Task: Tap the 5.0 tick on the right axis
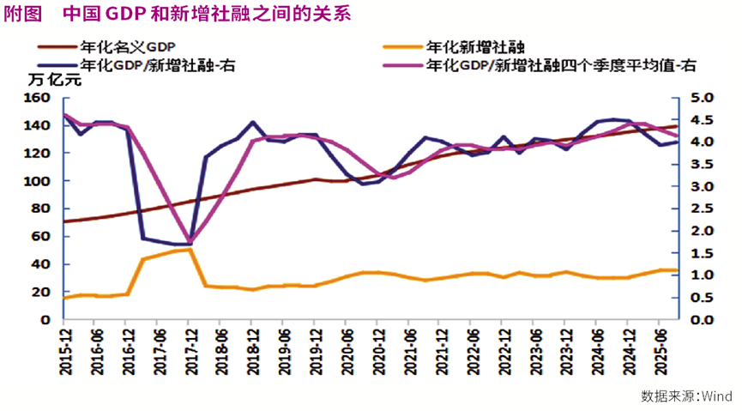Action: pyautogui.click(x=702, y=98)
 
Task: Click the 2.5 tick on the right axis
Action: pyautogui.click(x=702, y=209)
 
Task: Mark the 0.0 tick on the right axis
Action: pyautogui.click(x=702, y=319)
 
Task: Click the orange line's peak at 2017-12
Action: pyautogui.click(x=190, y=249)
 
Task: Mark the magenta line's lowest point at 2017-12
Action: pyautogui.click(x=190, y=240)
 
